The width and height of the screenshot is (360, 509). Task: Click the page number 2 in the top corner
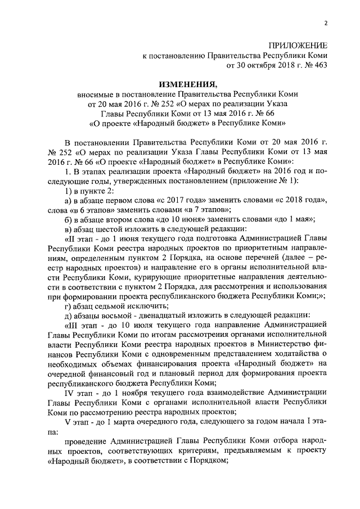point(326,23)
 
